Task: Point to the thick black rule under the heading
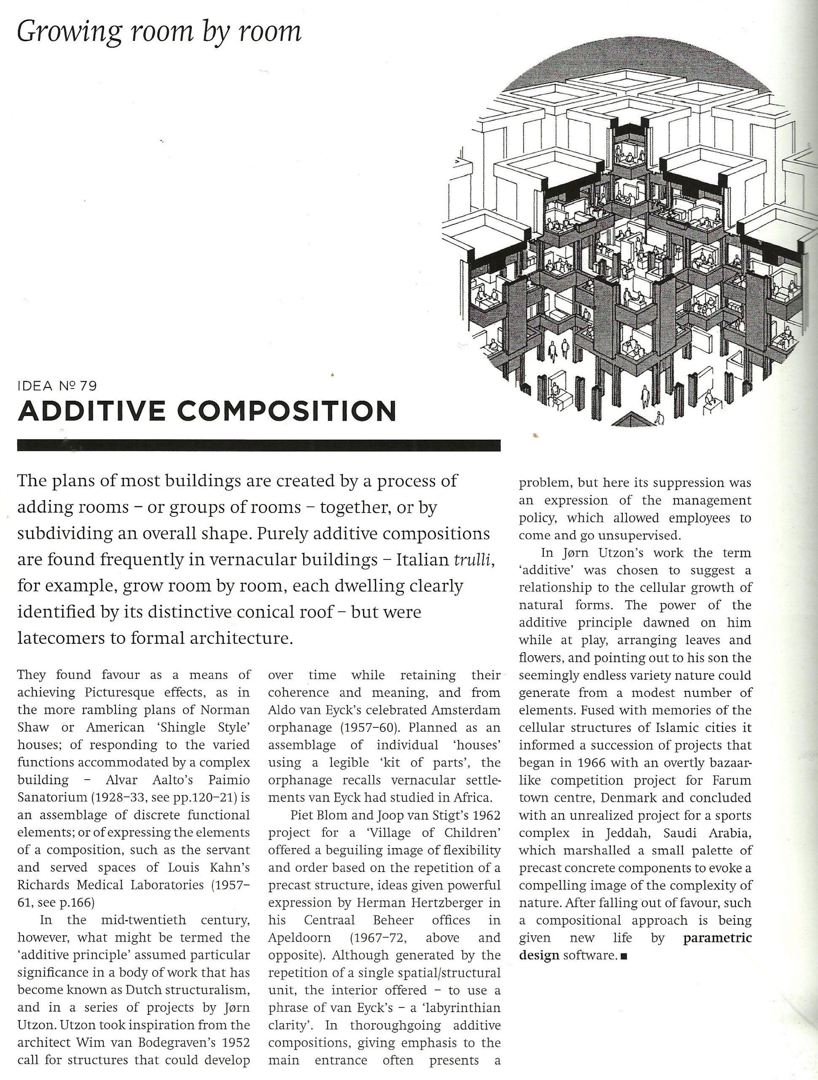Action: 258,445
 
